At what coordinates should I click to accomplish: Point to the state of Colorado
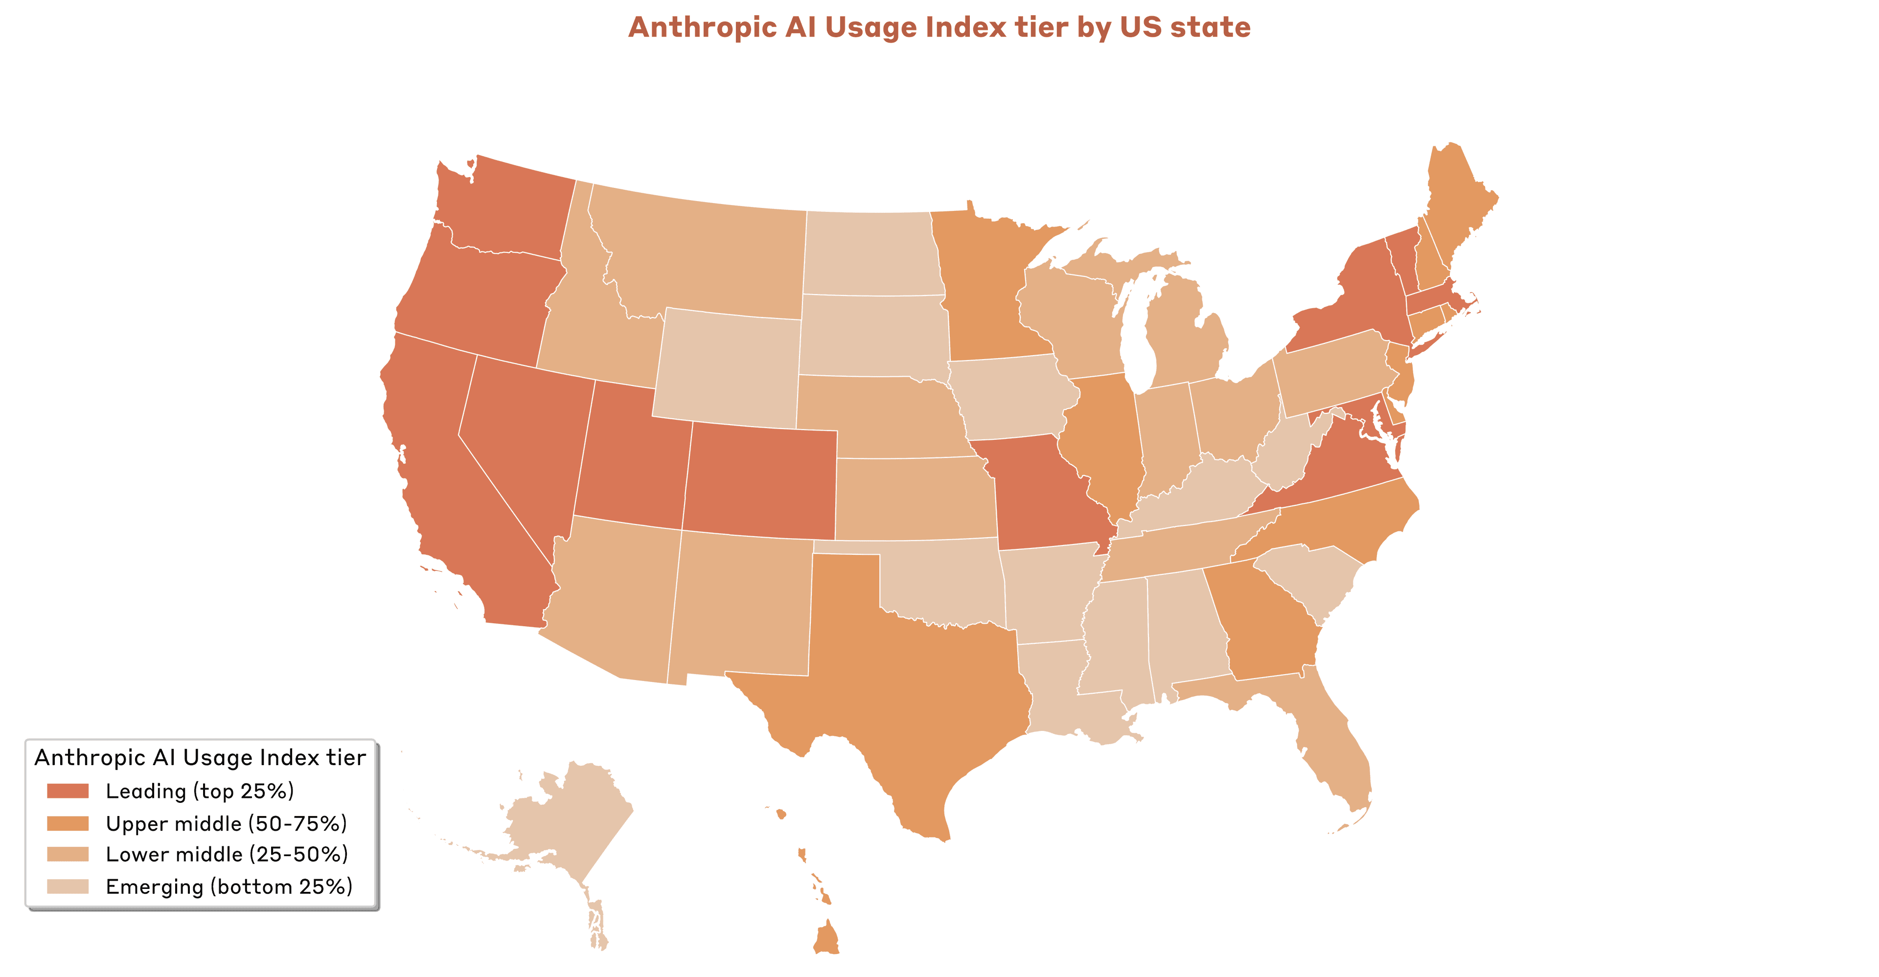click(x=758, y=481)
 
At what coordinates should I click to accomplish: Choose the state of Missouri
click(x=1043, y=496)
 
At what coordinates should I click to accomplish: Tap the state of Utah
click(x=631, y=459)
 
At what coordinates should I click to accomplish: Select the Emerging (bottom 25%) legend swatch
click(x=68, y=886)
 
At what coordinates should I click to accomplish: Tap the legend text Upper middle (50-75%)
click(x=226, y=824)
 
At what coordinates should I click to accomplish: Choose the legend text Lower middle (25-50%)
click(x=226, y=855)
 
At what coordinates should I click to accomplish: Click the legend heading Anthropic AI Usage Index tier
click(x=200, y=757)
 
